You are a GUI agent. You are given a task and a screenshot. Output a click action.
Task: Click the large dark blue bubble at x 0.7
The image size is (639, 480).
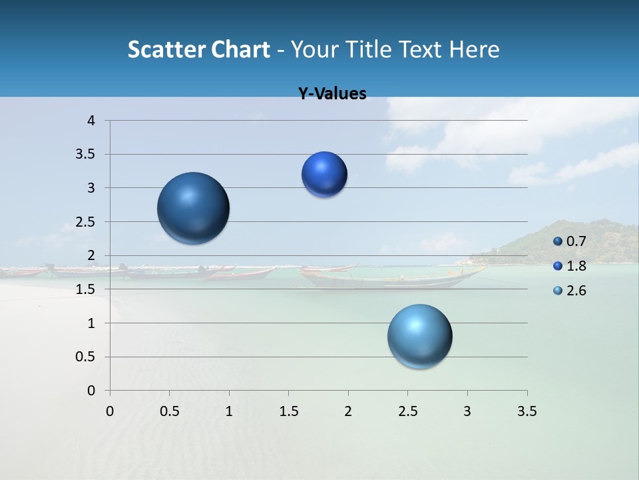pyautogui.click(x=194, y=208)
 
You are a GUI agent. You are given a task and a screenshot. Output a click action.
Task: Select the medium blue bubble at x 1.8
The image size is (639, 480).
pyautogui.click(x=324, y=175)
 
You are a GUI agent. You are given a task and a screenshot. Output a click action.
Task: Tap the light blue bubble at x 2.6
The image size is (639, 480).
pyautogui.click(x=420, y=336)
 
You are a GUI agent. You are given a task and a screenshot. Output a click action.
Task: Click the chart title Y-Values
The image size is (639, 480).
pyautogui.click(x=332, y=94)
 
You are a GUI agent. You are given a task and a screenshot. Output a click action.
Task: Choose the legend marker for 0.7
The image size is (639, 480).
pyautogui.click(x=558, y=241)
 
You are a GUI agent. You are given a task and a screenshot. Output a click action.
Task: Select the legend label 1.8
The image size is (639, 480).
pyautogui.click(x=576, y=266)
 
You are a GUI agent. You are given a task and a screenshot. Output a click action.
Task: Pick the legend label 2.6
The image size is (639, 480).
pyautogui.click(x=576, y=291)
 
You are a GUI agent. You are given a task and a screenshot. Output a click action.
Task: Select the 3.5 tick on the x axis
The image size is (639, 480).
pyautogui.click(x=527, y=411)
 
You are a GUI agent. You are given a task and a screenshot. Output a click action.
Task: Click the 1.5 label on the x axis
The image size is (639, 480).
pyautogui.click(x=288, y=411)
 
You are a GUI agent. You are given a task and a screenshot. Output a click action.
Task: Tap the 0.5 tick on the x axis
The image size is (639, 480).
pyautogui.click(x=169, y=411)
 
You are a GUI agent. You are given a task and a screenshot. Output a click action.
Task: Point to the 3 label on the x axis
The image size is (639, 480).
pyautogui.click(x=467, y=411)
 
